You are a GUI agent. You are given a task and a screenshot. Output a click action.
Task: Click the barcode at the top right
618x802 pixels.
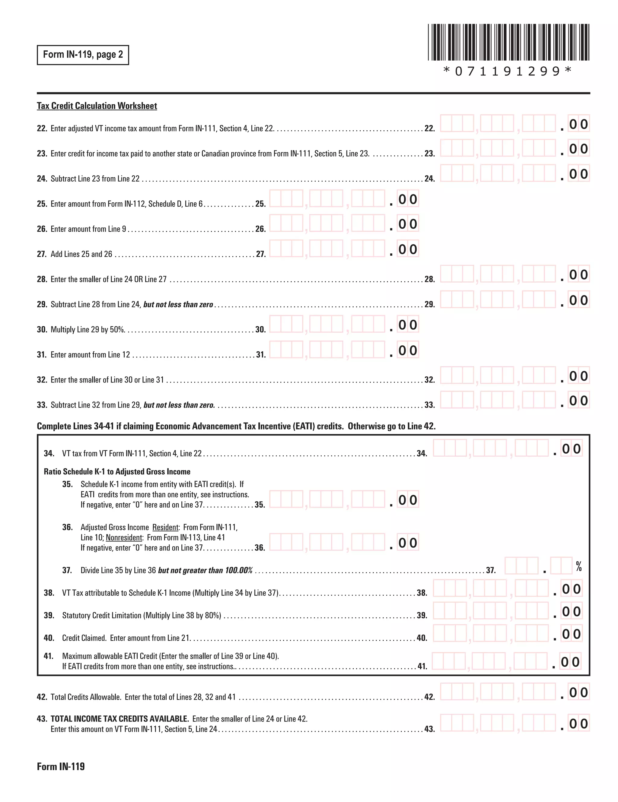(x=508, y=42)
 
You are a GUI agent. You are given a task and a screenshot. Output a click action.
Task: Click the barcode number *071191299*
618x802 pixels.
(x=508, y=71)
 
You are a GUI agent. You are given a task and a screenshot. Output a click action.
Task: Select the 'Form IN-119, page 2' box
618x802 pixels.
(x=83, y=55)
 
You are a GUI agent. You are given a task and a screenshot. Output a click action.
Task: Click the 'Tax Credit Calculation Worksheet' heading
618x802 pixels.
(x=97, y=106)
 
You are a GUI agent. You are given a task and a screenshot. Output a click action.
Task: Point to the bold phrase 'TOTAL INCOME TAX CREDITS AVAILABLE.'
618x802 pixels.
(x=119, y=719)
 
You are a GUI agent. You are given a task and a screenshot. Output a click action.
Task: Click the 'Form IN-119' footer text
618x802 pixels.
(x=61, y=766)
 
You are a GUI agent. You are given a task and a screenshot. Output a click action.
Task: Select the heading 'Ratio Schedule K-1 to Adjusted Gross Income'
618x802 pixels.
(x=117, y=471)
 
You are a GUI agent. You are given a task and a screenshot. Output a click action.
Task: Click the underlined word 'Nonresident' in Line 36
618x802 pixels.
(x=124, y=537)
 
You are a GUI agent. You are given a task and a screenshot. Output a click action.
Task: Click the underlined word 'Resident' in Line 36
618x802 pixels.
(x=165, y=527)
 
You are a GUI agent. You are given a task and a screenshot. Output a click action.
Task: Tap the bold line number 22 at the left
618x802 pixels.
(x=42, y=128)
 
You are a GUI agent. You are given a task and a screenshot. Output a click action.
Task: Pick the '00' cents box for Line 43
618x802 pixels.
(x=578, y=723)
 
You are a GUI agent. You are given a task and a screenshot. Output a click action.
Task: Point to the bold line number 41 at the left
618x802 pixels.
(x=49, y=656)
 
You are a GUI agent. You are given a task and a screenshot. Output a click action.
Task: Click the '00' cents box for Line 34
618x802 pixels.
(x=571, y=449)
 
